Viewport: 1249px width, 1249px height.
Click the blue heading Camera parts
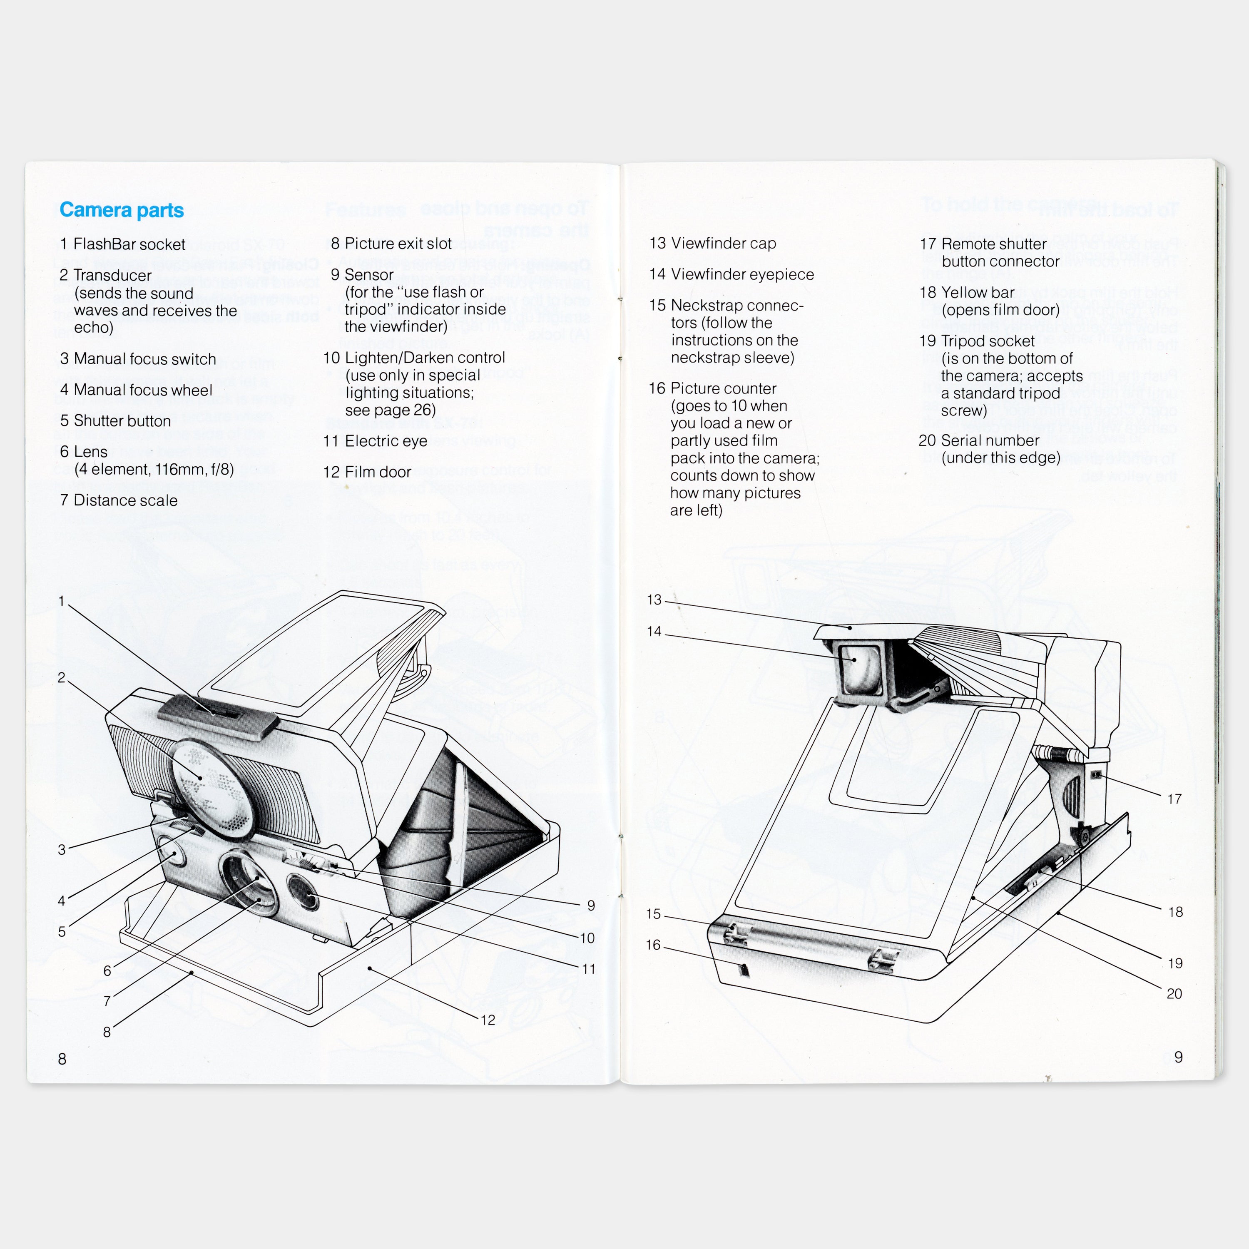pyautogui.click(x=122, y=210)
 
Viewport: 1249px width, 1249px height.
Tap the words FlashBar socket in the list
pyautogui.click(x=129, y=244)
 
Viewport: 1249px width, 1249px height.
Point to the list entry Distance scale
pyautogui.click(x=125, y=500)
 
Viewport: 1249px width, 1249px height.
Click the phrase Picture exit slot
pyautogui.click(x=398, y=244)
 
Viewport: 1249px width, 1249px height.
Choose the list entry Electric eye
pyautogui.click(x=386, y=441)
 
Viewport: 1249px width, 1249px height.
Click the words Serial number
pyautogui.click(x=990, y=440)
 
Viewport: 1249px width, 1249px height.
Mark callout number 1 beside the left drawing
pyautogui.click(x=62, y=601)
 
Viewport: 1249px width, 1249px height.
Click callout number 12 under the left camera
pyautogui.click(x=488, y=1020)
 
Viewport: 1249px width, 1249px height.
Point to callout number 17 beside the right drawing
pyautogui.click(x=1174, y=799)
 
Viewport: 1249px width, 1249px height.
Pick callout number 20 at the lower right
pyautogui.click(x=1174, y=994)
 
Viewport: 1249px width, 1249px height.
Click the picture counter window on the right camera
pyautogui.click(x=744, y=970)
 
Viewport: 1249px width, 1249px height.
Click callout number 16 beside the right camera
pyautogui.click(x=653, y=945)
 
